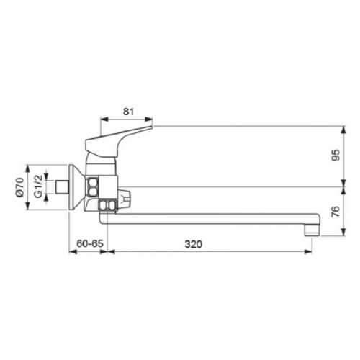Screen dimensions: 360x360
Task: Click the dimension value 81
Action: click(x=128, y=112)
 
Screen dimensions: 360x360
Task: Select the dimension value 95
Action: click(x=336, y=155)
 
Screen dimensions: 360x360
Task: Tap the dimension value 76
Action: click(x=336, y=212)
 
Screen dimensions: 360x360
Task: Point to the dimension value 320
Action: click(x=194, y=244)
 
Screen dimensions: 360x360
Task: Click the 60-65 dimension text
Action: click(x=90, y=243)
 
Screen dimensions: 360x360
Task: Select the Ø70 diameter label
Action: click(x=20, y=187)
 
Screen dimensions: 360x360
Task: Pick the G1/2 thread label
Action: click(x=38, y=186)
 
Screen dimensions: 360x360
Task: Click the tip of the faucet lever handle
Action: click(x=153, y=125)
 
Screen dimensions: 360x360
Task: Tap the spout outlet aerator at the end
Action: click(x=312, y=230)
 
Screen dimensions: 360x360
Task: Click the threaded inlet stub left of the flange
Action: click(x=61, y=187)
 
